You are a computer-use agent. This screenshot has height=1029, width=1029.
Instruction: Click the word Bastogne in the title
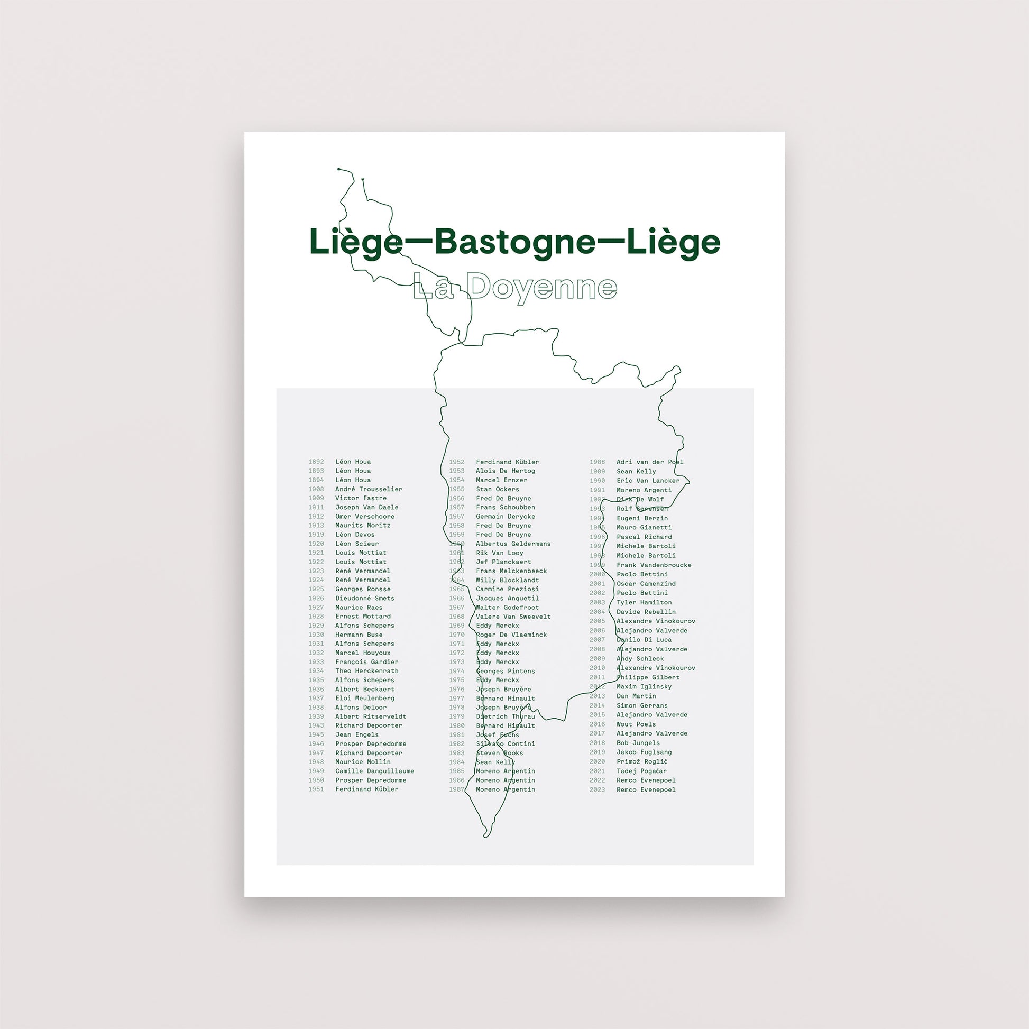tap(514, 242)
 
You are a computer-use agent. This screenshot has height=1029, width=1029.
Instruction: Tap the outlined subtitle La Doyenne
tap(514, 288)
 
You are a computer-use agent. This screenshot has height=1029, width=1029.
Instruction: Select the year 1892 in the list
tap(316, 462)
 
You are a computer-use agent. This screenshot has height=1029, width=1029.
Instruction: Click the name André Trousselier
tap(369, 489)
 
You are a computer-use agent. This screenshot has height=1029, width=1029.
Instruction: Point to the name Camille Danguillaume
tap(374, 770)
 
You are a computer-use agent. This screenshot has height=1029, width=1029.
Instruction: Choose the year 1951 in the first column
tap(316, 789)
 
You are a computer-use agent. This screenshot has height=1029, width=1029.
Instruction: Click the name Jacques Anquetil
tap(507, 598)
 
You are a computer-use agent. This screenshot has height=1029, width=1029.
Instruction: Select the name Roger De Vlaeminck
tap(511, 635)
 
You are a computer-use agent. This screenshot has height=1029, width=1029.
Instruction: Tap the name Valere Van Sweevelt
tap(513, 616)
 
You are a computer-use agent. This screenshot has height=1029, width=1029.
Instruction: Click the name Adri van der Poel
tap(650, 462)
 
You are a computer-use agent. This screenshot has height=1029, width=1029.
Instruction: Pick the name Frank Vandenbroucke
tap(654, 565)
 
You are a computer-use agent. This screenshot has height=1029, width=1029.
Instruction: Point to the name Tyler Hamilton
tap(644, 602)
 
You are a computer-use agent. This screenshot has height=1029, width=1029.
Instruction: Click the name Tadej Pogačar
tap(641, 770)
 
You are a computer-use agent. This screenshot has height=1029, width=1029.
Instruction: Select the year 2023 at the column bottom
tap(597, 789)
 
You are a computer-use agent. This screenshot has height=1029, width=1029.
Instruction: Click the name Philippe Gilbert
tap(648, 677)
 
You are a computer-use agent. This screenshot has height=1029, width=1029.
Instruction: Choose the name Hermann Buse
tap(359, 635)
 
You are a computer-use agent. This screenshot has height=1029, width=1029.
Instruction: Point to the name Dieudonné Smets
tap(364, 598)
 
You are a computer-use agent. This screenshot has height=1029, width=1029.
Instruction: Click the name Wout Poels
tap(636, 724)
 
